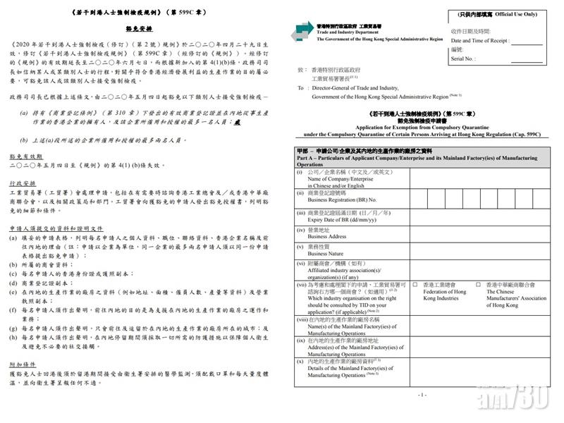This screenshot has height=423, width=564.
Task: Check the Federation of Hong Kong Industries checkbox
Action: (415, 284)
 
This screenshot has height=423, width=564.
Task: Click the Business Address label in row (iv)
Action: (322, 237)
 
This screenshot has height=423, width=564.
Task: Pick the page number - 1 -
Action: (421, 396)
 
